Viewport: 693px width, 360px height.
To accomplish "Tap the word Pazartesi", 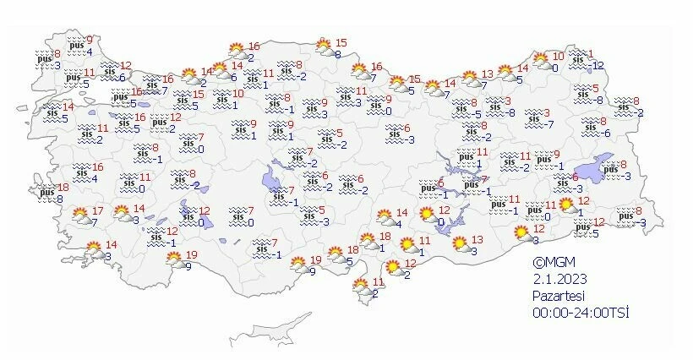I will click(x=557, y=296).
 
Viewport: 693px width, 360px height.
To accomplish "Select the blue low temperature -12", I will click(x=597, y=65).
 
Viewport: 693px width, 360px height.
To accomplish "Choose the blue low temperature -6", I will click(x=605, y=134).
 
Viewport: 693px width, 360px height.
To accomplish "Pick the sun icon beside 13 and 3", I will click(x=460, y=245).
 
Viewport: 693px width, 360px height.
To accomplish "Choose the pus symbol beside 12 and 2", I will click(x=160, y=123).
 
